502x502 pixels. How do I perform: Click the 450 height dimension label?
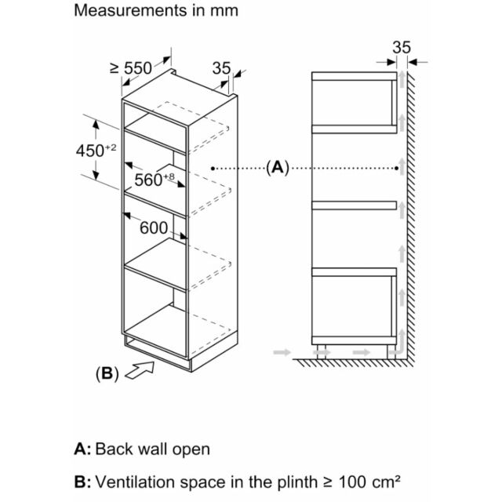[96, 151]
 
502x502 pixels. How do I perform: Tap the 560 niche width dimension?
[155, 180]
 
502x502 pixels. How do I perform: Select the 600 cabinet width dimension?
[154, 228]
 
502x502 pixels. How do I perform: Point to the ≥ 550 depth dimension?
[131, 68]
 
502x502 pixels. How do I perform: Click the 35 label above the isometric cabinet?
[221, 68]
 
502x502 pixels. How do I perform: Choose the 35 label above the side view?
[402, 47]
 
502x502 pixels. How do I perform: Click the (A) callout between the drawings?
[278, 167]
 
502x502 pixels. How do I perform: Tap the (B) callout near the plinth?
[107, 373]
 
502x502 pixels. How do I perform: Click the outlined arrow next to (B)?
[140, 371]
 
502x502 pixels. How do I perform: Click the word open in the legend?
[191, 450]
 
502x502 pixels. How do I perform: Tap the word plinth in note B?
[297, 482]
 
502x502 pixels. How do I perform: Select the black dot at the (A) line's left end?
[213, 168]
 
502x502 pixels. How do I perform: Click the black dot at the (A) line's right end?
[397, 168]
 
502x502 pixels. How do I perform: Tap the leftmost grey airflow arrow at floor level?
[282, 352]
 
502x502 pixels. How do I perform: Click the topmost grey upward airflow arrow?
[402, 79]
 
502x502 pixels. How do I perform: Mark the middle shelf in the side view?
[354, 206]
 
